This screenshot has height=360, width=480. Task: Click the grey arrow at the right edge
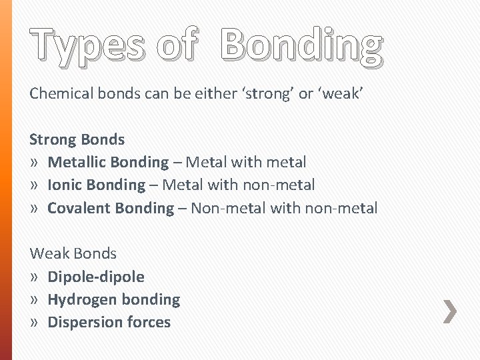[451, 311]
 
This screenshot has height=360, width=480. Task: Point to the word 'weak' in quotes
[341, 93]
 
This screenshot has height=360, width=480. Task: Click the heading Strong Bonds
[77, 139]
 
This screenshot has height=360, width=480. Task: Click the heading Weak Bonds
[73, 253]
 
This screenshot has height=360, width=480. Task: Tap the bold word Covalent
[79, 208]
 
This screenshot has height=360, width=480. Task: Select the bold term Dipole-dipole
[96, 277]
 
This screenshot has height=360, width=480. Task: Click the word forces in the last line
[149, 322]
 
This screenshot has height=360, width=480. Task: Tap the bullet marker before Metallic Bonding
[34, 163]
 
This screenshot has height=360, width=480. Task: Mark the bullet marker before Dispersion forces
[34, 323]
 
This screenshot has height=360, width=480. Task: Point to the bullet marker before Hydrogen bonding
[34, 300]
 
